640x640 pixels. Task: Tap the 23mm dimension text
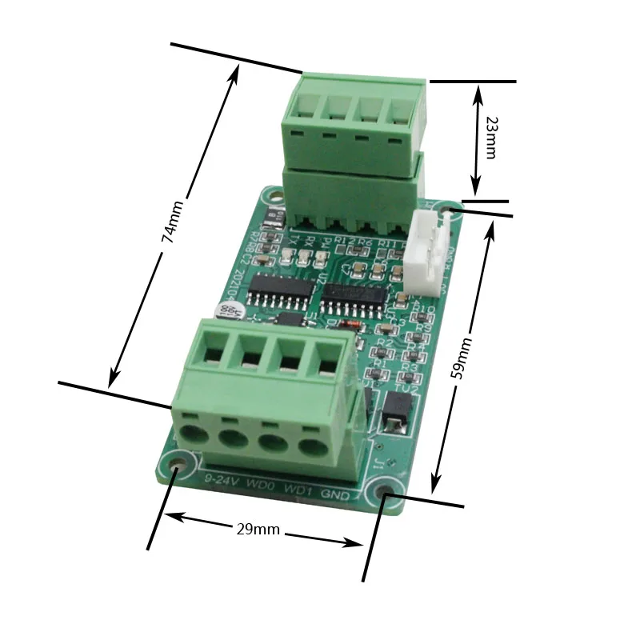[490, 137]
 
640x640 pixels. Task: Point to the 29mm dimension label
[258, 529]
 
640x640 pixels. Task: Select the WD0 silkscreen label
[262, 485]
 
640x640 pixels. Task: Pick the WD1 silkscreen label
[299, 489]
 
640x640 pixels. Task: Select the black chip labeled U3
[353, 297]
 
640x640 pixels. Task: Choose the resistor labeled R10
[416, 311]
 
